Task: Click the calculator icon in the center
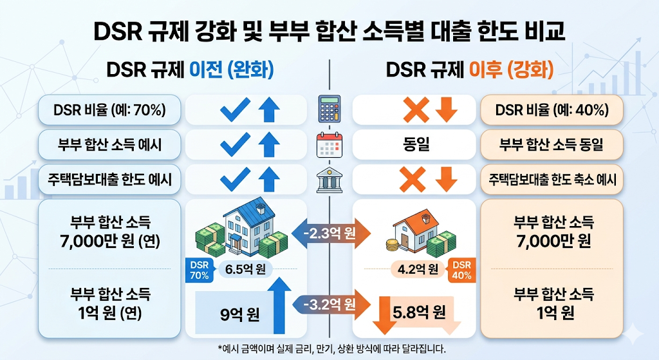point(329,108)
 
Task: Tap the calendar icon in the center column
point(329,145)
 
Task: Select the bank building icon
point(329,180)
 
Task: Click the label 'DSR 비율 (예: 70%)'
point(109,109)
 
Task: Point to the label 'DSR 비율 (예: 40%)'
point(552,109)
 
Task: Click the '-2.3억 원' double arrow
point(331,233)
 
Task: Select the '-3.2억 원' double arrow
point(331,304)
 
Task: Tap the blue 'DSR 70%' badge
point(200,270)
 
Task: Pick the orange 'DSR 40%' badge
point(462,270)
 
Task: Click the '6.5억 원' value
point(245,269)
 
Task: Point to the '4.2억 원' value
point(418,269)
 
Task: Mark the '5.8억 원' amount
point(419,312)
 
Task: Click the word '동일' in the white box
point(416,145)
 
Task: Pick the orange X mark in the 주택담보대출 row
point(413,180)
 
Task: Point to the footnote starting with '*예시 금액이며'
point(331,348)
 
